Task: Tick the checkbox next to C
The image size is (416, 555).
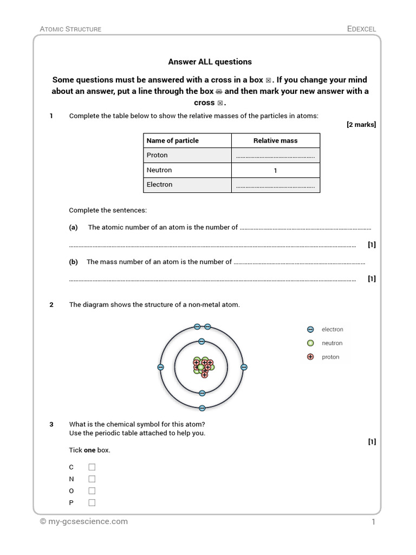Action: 92,467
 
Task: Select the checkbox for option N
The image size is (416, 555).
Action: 92,479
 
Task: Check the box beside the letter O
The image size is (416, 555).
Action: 92,491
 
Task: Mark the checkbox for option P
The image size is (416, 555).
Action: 92,502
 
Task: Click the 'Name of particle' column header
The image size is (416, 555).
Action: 173,140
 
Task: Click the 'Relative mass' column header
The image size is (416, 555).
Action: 275,140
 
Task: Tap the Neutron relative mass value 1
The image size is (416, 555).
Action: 275,170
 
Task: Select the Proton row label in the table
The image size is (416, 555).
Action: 158,155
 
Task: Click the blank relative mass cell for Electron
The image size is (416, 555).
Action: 275,185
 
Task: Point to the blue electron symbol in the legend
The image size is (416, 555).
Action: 310,330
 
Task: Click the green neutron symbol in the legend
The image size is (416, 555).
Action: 310,343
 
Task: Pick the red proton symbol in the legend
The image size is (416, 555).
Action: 310,357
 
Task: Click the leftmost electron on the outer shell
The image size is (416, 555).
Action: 160,367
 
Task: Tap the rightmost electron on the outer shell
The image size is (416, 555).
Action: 244,367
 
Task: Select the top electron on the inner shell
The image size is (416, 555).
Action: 201,341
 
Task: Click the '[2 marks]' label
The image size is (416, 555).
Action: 361,125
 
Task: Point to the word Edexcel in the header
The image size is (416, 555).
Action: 361,29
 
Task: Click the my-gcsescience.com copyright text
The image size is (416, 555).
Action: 83,521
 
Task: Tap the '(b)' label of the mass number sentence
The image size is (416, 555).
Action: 74,262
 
